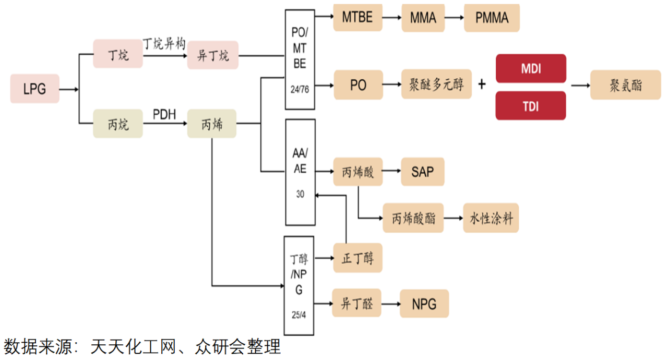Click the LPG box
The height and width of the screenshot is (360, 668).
[34, 89]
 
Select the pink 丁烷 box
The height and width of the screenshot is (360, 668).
[117, 54]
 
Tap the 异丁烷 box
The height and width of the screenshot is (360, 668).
[212, 55]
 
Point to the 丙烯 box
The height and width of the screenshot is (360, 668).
[211, 124]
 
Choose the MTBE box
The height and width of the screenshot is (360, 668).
[357, 17]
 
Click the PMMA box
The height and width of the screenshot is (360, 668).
[492, 17]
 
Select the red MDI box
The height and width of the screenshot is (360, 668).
[530, 68]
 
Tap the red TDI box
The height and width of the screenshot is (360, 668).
[530, 106]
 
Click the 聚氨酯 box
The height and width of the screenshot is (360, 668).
[626, 85]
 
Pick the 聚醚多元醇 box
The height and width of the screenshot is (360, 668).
[436, 85]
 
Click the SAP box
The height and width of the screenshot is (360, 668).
[422, 172]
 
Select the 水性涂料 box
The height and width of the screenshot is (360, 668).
[491, 218]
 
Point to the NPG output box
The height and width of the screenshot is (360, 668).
[424, 303]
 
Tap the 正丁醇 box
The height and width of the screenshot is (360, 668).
[357, 258]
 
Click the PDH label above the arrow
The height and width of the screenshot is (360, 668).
[164, 113]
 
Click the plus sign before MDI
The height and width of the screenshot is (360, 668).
[481, 85]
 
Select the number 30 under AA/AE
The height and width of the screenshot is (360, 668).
[300, 194]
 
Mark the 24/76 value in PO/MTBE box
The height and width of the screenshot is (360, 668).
[300, 89]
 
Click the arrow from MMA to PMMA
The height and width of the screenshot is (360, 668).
[450, 17]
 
